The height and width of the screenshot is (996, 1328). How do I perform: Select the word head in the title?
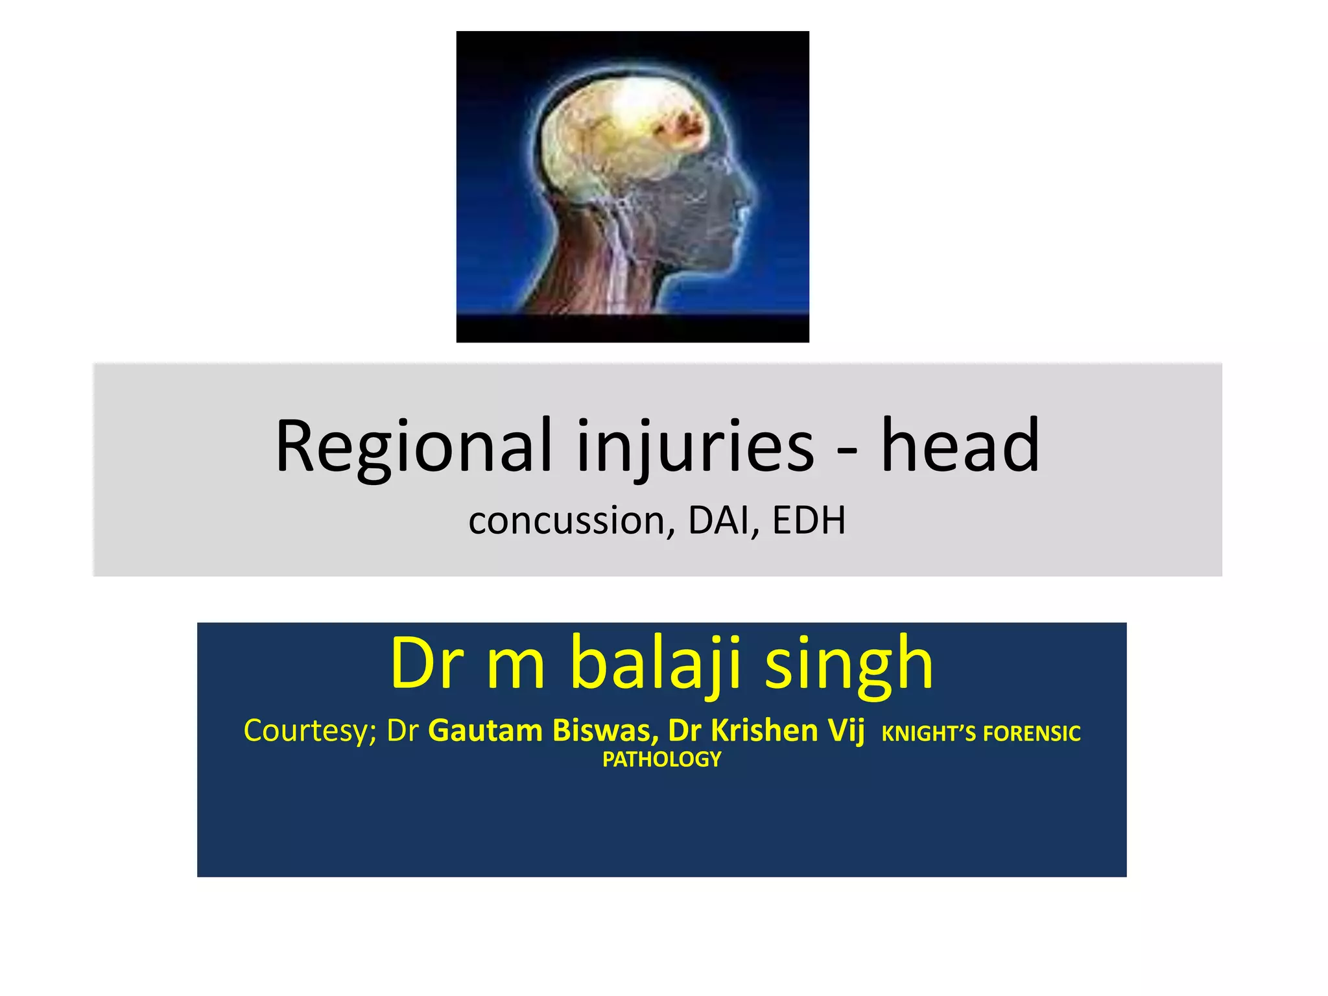pos(960,446)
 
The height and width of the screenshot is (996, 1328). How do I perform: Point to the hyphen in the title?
pos(847,450)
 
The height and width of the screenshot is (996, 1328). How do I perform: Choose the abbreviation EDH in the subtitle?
pos(809,521)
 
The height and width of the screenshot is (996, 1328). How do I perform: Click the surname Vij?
pos(846,731)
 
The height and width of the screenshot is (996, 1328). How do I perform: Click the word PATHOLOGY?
pos(661,759)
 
